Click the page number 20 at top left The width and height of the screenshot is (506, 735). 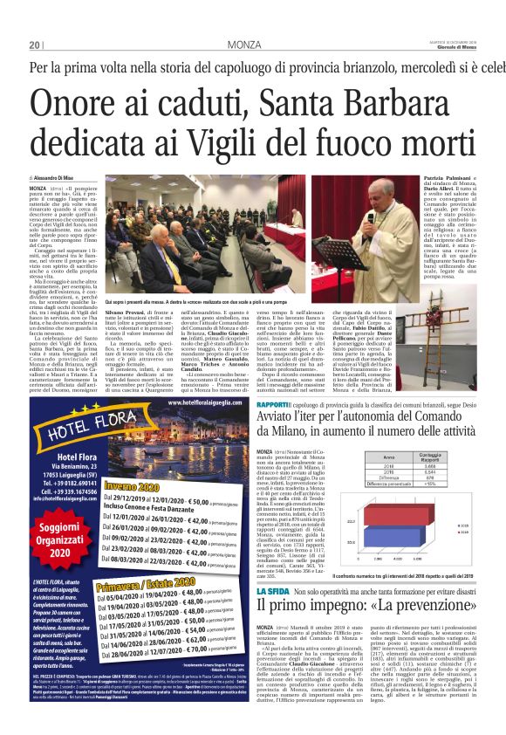coord(34,45)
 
